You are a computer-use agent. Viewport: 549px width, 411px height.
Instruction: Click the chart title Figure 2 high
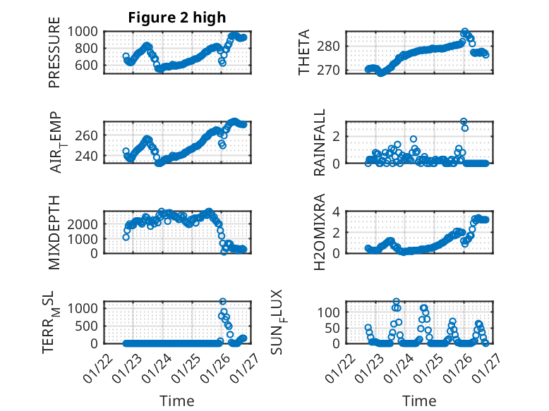[176, 18]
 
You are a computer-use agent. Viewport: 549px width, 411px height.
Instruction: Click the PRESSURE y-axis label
[54, 57]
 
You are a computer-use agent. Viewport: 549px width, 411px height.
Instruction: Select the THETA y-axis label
[304, 53]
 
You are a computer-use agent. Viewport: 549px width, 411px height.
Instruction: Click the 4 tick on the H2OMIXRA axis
[337, 211]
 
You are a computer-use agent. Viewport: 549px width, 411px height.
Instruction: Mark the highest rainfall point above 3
[464, 121]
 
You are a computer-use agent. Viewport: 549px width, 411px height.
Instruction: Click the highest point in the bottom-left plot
[223, 302]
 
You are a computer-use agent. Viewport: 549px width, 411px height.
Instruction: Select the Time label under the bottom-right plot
[419, 401]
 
